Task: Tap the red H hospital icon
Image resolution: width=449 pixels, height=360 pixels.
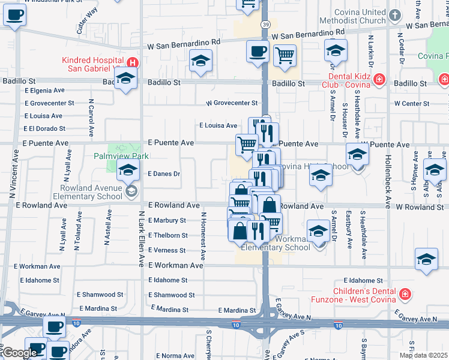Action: point(133,62)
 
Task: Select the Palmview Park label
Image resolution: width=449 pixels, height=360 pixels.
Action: point(121,156)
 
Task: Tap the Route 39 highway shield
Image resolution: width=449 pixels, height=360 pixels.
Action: point(265,25)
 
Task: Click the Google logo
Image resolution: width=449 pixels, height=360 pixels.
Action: point(20,353)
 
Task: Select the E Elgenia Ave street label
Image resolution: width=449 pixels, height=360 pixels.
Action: point(44,91)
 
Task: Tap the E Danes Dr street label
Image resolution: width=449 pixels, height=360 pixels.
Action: point(164,174)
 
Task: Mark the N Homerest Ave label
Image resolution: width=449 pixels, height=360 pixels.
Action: point(204,236)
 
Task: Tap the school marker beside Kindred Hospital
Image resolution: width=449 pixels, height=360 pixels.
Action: point(126,79)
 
